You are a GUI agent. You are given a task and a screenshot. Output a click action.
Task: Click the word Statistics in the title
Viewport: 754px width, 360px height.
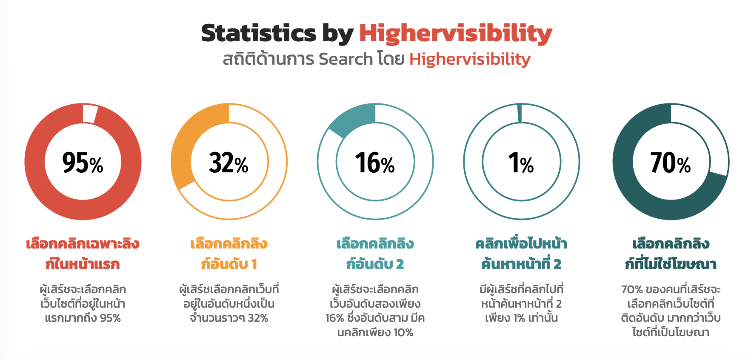coord(259,33)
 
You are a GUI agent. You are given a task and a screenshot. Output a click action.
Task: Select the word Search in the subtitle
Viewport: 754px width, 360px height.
coord(346,59)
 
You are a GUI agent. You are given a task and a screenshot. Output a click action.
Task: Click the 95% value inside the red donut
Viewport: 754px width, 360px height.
coord(83,163)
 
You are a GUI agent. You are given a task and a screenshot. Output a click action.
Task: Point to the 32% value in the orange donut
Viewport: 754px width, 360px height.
coord(228,163)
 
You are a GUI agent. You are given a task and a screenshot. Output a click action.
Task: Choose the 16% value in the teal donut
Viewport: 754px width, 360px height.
coord(375,163)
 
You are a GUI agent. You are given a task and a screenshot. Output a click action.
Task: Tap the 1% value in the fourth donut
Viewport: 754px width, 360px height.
coord(521,163)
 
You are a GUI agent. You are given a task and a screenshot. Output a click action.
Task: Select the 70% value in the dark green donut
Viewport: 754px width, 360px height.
coord(670,163)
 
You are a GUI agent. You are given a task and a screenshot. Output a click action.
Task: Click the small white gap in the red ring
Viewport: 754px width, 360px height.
coord(90,114)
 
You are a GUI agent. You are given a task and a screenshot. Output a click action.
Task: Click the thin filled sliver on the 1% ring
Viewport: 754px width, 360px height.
coord(520,113)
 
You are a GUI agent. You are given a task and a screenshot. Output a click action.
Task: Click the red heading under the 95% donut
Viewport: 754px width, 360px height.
coord(83,254)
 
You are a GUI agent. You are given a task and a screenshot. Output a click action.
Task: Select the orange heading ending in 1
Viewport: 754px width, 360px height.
coord(228,254)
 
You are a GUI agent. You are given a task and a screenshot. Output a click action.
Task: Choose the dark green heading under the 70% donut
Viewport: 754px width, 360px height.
coord(670,254)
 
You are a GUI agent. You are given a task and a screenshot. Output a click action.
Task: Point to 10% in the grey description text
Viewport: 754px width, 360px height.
coord(403,332)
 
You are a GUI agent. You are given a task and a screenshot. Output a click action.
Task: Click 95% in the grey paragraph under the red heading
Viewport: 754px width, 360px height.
coord(110,318)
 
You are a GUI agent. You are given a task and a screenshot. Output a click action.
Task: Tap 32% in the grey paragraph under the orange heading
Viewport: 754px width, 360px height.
coord(258,318)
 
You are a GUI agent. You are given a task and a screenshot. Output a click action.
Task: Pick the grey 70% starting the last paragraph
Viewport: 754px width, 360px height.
coord(632,290)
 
